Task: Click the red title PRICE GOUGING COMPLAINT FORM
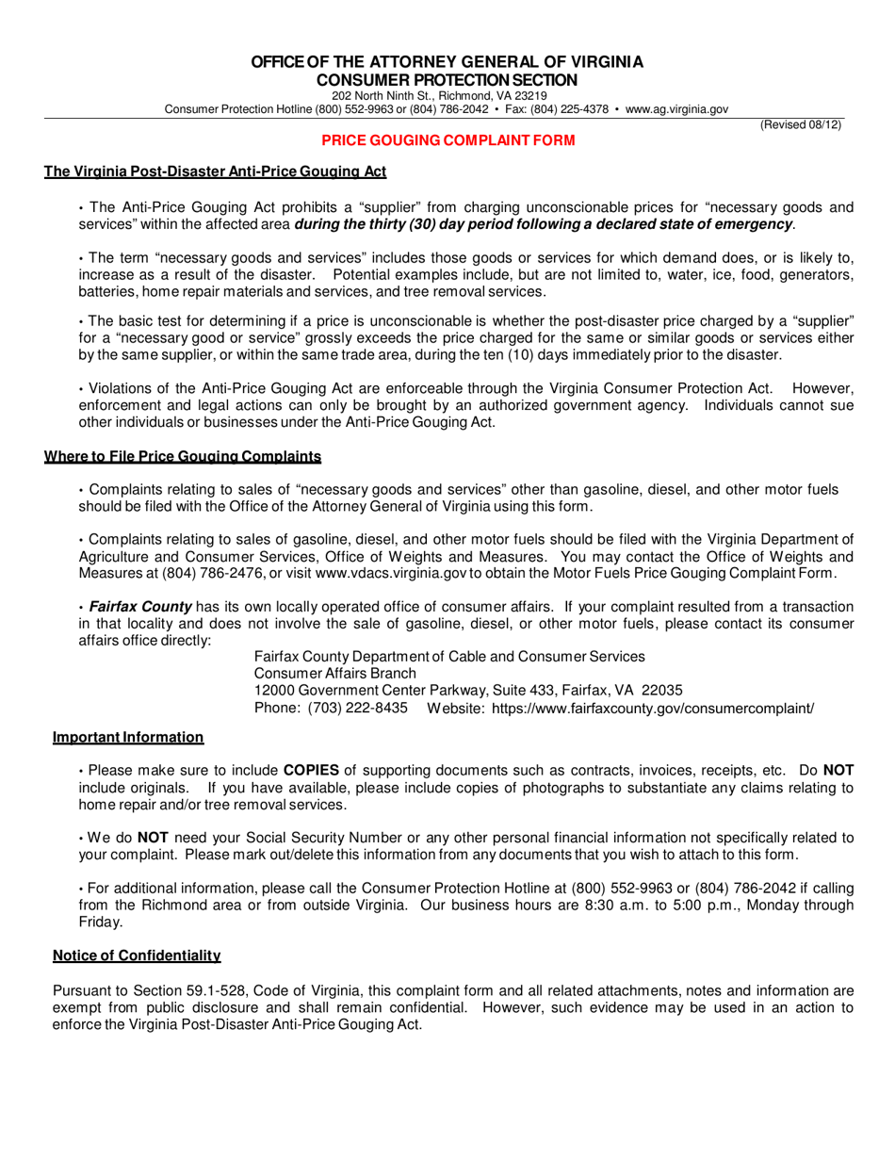pos(447,139)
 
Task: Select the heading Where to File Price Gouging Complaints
pos(183,457)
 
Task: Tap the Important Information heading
pos(128,736)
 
